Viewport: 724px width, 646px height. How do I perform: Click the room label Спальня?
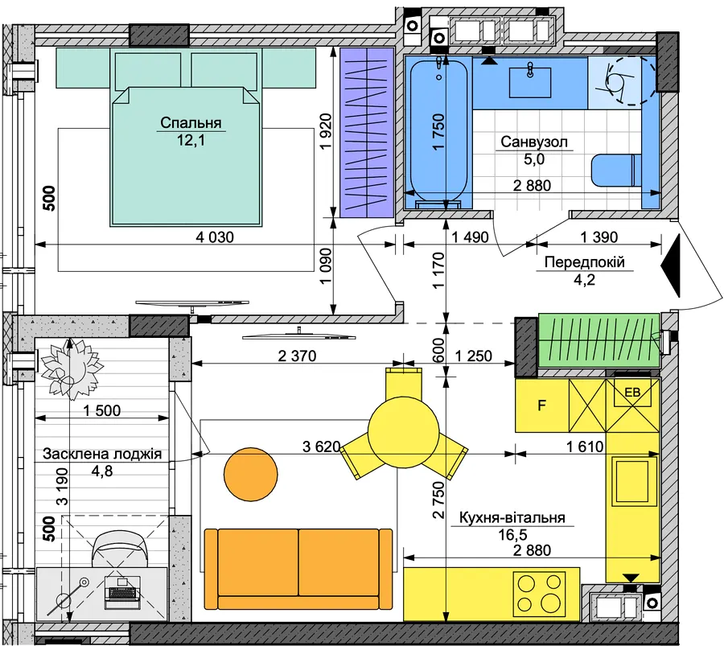[x=191, y=123]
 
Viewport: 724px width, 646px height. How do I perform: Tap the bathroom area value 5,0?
[x=534, y=158]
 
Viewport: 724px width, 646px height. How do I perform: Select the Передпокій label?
[x=585, y=261]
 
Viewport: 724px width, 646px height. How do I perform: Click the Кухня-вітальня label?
[x=512, y=517]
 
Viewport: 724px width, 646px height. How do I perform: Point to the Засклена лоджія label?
[x=102, y=454]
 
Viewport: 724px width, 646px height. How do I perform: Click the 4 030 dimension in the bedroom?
[x=215, y=237]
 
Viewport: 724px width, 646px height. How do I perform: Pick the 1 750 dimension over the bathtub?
[x=438, y=132]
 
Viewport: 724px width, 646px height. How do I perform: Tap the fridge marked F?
[x=541, y=405]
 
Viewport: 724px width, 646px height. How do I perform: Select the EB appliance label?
[x=632, y=393]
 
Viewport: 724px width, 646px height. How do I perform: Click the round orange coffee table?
[x=251, y=474]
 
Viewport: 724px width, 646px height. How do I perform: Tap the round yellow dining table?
[x=403, y=431]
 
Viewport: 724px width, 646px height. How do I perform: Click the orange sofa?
[x=298, y=569]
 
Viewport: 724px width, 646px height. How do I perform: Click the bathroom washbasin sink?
[x=530, y=82]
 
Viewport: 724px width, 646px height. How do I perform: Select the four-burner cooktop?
[x=539, y=595]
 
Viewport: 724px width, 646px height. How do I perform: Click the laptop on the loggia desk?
[x=121, y=591]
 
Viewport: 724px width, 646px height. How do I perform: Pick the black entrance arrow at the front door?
[x=671, y=265]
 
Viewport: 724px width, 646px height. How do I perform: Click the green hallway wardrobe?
[x=599, y=341]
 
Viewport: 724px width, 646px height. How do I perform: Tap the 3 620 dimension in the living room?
[x=321, y=446]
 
